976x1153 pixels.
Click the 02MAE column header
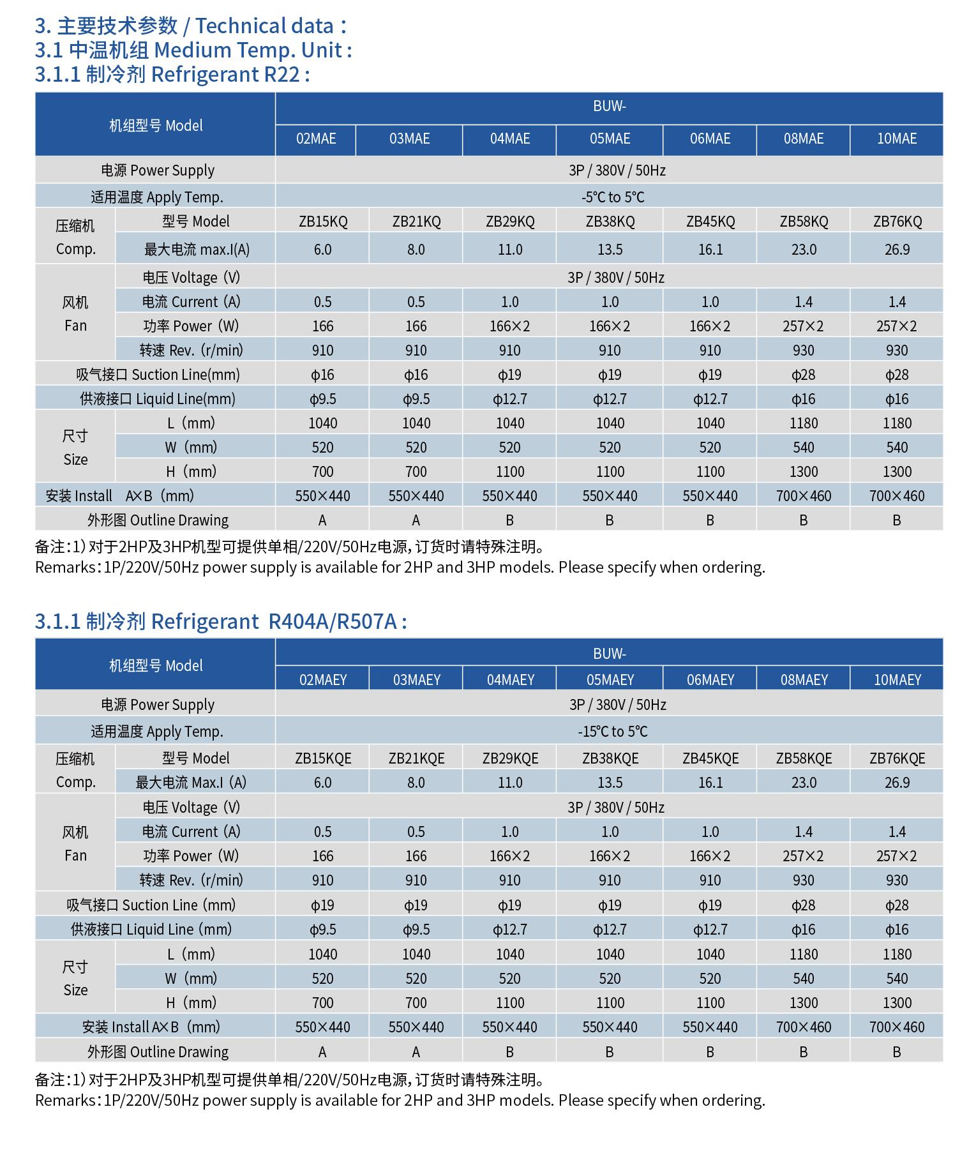(315, 139)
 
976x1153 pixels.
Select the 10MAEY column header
(897, 680)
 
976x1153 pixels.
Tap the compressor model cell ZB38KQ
(610, 222)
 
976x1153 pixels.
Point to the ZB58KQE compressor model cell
(804, 758)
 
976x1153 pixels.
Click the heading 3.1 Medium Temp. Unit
(193, 50)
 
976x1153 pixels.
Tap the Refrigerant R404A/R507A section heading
(221, 621)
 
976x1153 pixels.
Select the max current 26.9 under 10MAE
(897, 250)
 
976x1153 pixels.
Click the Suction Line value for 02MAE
(322, 375)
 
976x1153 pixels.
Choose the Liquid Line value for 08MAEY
(804, 930)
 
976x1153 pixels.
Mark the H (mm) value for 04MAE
(510, 472)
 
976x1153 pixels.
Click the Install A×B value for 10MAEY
(897, 1027)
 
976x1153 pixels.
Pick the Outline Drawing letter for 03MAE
(416, 520)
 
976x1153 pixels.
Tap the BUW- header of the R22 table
(609, 107)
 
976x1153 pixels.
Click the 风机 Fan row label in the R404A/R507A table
(75, 843)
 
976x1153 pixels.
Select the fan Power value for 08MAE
(804, 326)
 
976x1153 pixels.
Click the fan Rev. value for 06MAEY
(710, 880)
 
